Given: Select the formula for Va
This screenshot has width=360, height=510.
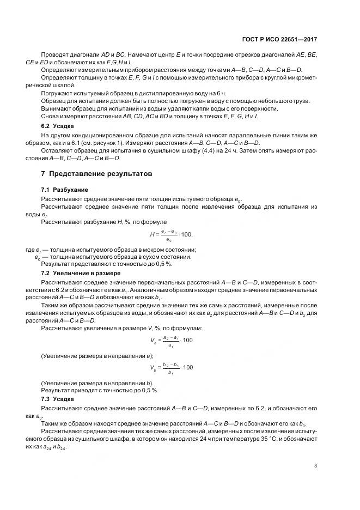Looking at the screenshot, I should [x=171, y=341].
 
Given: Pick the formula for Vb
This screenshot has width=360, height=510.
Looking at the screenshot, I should [x=171, y=368].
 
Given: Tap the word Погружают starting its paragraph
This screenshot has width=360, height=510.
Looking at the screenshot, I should [x=56, y=94].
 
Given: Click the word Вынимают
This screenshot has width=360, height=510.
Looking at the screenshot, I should [x=55, y=109].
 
